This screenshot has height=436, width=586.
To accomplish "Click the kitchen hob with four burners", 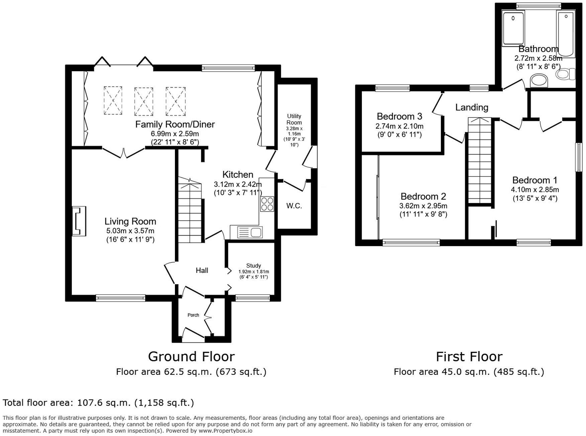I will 267,204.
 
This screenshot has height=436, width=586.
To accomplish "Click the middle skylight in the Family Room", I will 144,101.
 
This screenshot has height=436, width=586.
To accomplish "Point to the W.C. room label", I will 294,206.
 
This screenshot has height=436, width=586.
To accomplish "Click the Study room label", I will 254,265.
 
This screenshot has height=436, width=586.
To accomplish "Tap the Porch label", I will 193,315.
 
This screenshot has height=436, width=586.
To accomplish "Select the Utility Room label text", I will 294,119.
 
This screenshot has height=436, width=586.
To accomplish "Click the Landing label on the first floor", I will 472,107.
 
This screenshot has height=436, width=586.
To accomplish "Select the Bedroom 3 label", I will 399,116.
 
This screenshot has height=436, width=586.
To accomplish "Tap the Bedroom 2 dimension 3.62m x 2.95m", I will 423,206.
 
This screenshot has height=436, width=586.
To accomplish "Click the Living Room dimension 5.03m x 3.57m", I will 130,231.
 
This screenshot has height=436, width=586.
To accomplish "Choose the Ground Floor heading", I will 191,356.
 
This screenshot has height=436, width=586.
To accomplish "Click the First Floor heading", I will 469,357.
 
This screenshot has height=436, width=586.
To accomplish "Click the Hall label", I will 202,270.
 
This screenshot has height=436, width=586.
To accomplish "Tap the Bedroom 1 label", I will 534,180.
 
